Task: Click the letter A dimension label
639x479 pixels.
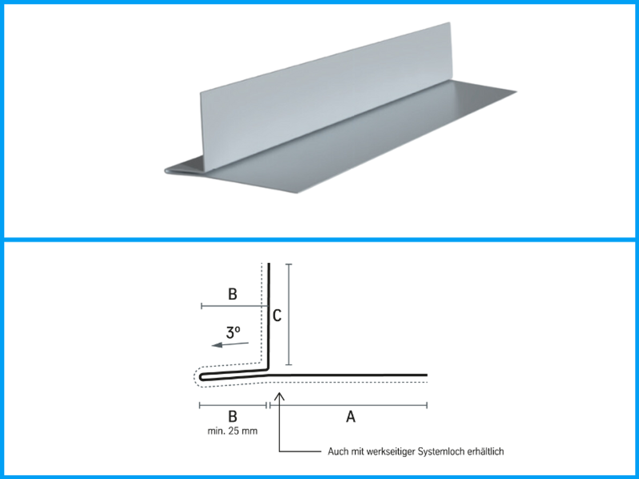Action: tap(350, 417)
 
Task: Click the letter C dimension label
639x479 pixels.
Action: tap(277, 315)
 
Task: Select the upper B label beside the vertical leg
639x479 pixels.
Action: tap(232, 294)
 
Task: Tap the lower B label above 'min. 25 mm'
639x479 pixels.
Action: tap(232, 417)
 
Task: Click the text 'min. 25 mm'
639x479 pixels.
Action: tap(232, 431)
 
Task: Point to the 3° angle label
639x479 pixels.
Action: tap(233, 333)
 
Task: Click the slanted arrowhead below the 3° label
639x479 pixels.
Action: tap(217, 345)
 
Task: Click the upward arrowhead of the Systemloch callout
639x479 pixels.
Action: tap(279, 396)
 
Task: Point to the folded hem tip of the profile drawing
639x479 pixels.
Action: tap(201, 377)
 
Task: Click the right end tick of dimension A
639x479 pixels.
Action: tap(427, 405)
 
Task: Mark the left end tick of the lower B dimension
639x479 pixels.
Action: tap(199, 405)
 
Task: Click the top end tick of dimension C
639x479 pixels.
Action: tap(289, 264)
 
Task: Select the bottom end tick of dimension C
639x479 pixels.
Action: tap(289, 364)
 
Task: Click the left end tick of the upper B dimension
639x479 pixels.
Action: tap(202, 306)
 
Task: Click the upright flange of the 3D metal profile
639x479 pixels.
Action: tap(326, 96)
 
